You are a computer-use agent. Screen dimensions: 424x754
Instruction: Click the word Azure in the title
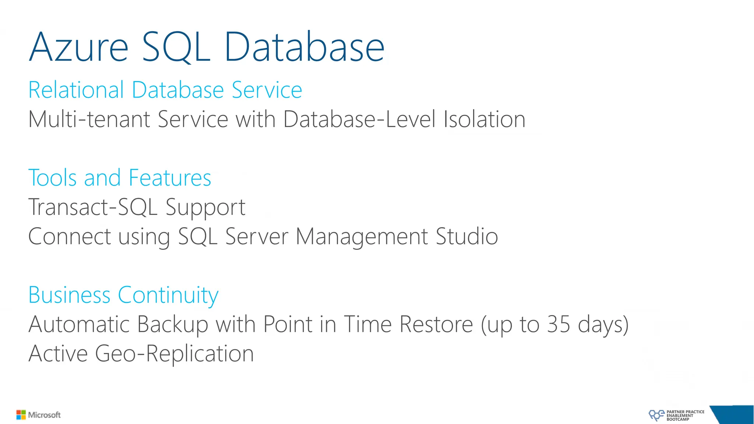pyautogui.click(x=79, y=47)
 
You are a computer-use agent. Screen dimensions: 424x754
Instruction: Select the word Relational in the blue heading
pyautogui.click(x=76, y=90)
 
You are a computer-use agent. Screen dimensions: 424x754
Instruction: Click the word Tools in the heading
pyautogui.click(x=52, y=178)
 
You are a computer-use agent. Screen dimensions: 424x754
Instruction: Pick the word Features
pyautogui.click(x=170, y=178)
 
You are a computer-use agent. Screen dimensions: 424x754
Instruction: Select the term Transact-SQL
pyautogui.click(x=93, y=207)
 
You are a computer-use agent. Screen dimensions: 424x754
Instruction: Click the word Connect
pyautogui.click(x=69, y=236)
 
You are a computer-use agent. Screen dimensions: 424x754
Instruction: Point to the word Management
pyautogui.click(x=362, y=237)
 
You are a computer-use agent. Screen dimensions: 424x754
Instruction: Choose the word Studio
pyautogui.click(x=467, y=236)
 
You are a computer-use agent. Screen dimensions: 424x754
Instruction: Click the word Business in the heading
pyautogui.click(x=69, y=295)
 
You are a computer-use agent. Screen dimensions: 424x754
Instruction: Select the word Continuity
pyautogui.click(x=168, y=296)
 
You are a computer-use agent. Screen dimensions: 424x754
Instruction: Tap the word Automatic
pyautogui.click(x=78, y=324)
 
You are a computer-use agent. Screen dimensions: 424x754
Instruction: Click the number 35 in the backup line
pyautogui.click(x=558, y=324)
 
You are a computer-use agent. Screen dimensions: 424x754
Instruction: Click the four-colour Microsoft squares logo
pyautogui.click(x=21, y=415)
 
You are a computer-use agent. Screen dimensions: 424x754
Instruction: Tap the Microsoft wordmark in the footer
pyautogui.click(x=44, y=415)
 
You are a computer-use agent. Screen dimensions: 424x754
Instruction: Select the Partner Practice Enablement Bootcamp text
pyautogui.click(x=685, y=416)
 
